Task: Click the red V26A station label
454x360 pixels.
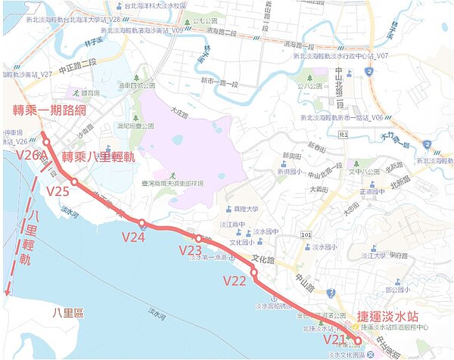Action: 30,156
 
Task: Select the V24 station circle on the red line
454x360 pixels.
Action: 142,223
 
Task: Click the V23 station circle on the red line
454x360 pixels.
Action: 198,239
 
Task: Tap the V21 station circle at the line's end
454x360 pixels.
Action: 357,341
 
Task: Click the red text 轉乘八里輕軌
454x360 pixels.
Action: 98,157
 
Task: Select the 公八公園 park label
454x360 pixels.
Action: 310,86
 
